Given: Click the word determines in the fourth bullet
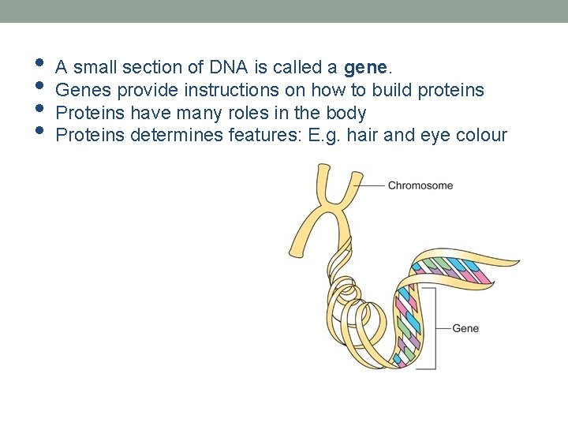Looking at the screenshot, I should point(176,135).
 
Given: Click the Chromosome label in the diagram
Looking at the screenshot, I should point(420,186).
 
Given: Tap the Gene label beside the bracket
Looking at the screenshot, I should point(465,328).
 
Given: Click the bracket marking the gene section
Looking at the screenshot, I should point(434,328).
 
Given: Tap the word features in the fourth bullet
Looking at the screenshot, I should point(265,135).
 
